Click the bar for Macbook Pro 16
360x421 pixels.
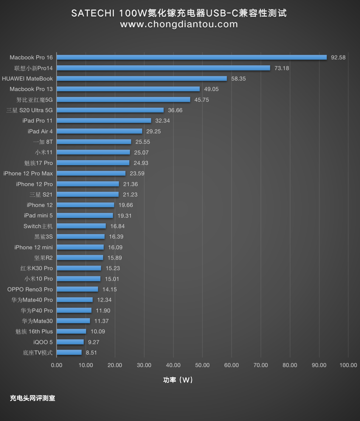[192, 57]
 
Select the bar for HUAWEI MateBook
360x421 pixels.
[142, 79]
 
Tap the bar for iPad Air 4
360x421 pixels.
[99, 131]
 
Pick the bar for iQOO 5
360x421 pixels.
[70, 342]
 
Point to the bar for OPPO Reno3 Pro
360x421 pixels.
[77, 289]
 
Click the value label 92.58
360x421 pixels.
[338, 57]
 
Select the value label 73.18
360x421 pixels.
[282, 68]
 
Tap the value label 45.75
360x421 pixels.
[201, 100]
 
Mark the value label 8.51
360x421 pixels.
[91, 353]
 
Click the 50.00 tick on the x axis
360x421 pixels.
[202, 365]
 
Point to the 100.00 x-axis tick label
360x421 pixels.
[348, 365]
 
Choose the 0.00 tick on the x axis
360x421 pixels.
[57, 365]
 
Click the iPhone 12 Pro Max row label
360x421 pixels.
[28, 173]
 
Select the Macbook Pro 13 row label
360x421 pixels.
[31, 89]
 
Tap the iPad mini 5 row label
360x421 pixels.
[38, 215]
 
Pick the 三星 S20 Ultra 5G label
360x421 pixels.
[29, 110]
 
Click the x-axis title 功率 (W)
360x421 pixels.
[178, 380]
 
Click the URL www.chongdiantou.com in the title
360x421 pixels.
[179, 24]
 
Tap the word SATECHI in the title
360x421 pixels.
[93, 13]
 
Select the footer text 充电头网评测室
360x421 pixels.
[32, 398]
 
